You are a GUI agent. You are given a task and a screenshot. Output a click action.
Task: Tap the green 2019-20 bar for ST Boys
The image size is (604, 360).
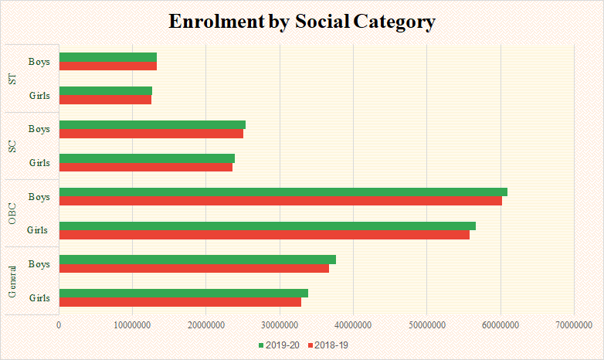[107, 57]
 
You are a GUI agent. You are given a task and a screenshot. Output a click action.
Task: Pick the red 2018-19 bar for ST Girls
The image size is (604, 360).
[105, 100]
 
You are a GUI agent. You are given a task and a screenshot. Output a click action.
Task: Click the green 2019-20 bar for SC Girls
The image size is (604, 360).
[147, 158]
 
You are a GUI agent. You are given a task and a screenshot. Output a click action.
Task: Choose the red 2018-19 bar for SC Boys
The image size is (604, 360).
[151, 134]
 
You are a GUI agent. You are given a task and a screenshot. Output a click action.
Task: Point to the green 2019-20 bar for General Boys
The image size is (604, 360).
[197, 260]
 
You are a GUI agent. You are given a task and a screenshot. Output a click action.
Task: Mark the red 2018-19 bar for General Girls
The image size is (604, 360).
[179, 302]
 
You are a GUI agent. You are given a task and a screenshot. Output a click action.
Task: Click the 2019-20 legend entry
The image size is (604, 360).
[279, 344]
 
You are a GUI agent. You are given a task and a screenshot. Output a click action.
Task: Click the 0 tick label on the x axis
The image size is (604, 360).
[59, 325]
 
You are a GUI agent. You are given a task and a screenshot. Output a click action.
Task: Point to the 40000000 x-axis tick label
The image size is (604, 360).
[353, 325]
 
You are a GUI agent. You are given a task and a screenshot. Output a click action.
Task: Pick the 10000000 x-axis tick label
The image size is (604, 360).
[132, 325]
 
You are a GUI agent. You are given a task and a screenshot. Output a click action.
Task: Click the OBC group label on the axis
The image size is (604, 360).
[12, 213]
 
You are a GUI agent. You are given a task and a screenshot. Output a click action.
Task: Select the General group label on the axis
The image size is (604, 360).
[12, 281]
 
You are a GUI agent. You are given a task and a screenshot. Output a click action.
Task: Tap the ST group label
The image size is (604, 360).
[12, 78]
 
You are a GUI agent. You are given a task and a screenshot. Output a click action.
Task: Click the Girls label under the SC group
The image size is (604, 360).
[39, 163]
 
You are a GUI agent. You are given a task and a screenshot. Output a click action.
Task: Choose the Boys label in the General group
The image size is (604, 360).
[39, 264]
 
